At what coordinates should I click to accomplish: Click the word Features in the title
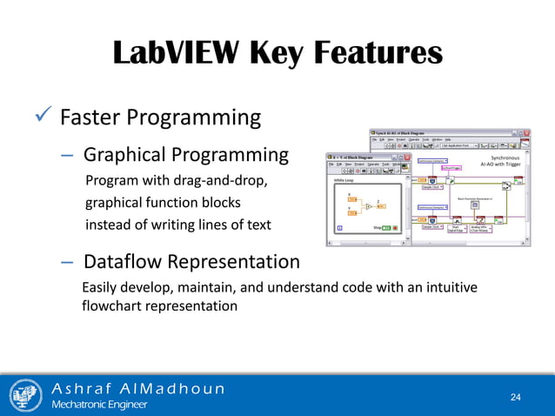(376, 52)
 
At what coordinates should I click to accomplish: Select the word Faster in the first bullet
(93, 117)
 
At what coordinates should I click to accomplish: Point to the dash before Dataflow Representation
(67, 262)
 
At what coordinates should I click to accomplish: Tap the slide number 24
(515, 397)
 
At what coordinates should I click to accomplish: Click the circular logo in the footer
(26, 395)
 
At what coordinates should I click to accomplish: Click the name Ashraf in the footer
(84, 388)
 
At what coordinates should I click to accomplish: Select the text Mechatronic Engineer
(100, 405)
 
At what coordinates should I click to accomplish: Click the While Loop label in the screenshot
(345, 181)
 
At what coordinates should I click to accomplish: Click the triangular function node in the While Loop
(370, 206)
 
